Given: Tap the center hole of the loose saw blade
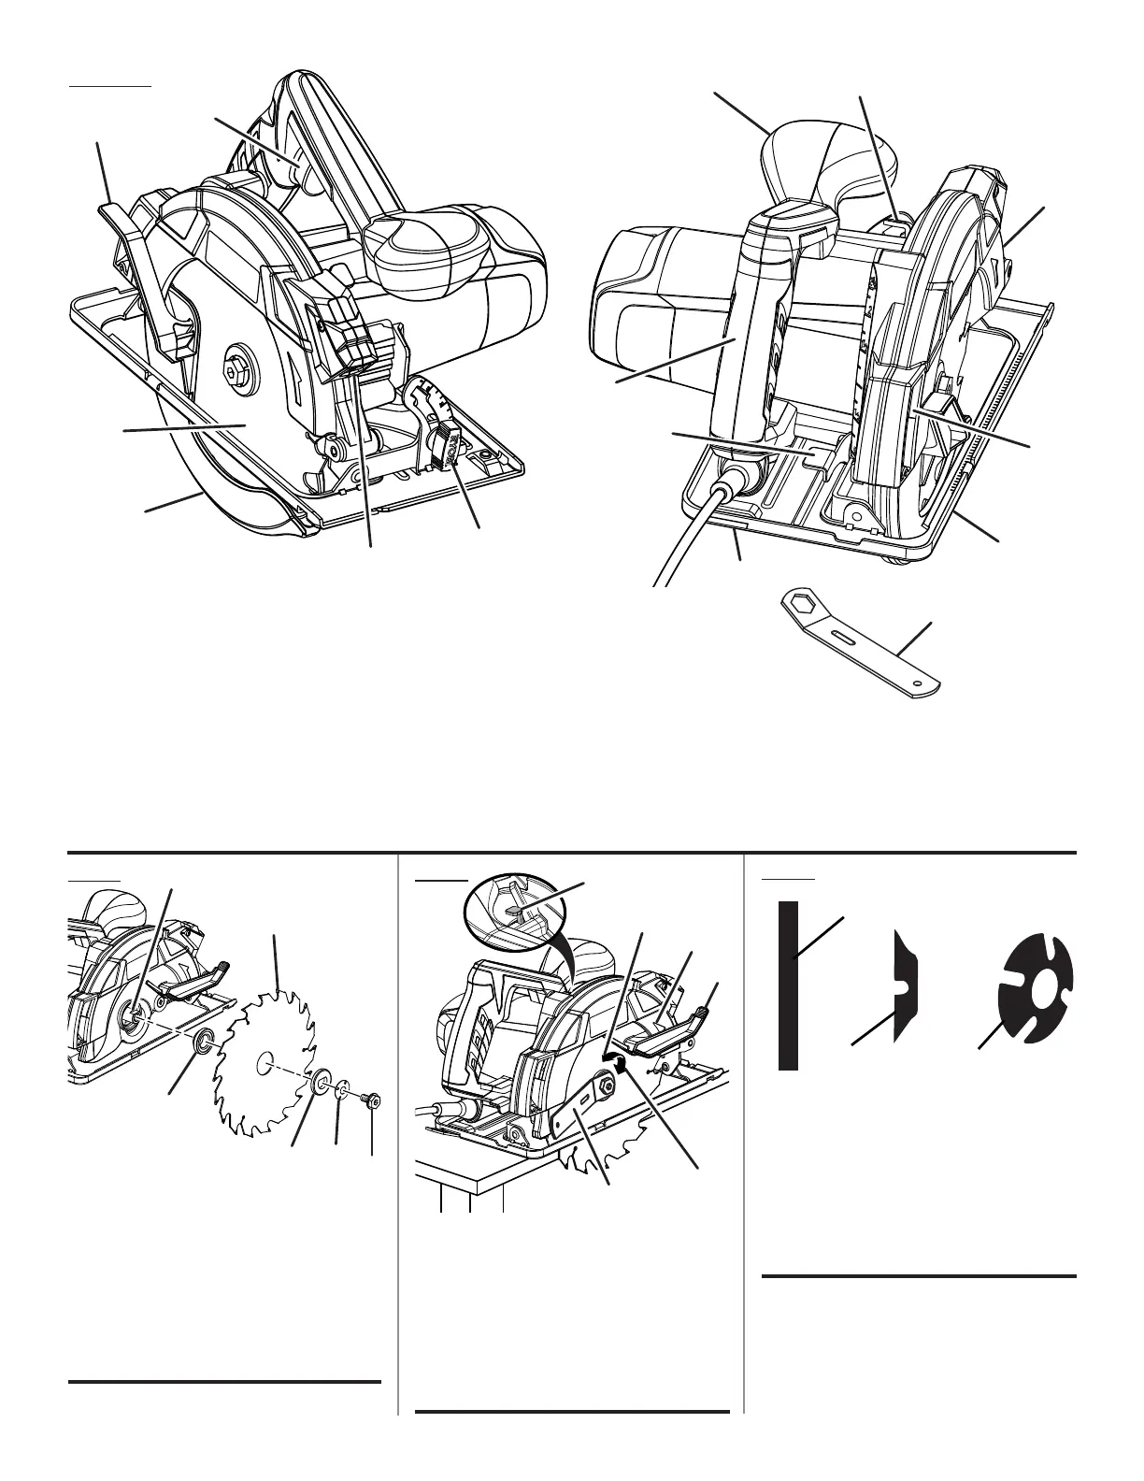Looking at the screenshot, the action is [x=265, y=1060].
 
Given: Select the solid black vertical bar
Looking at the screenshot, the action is [x=788, y=985].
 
